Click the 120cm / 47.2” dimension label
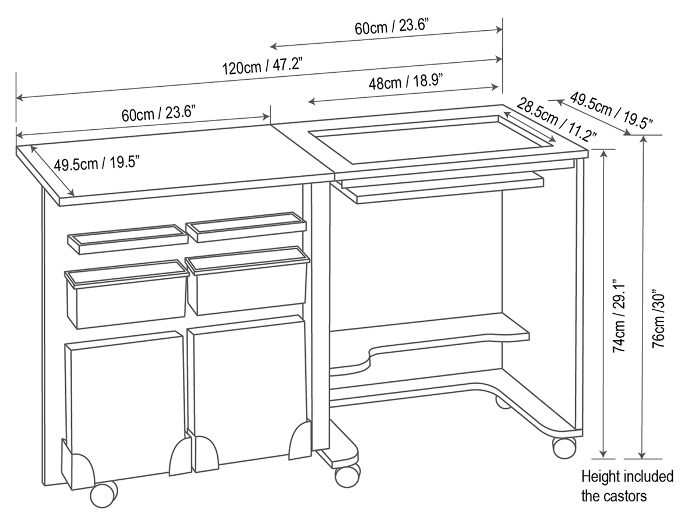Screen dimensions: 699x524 pyautogui.click(x=262, y=66)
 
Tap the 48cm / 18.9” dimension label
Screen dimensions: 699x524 pyautogui.click(x=406, y=81)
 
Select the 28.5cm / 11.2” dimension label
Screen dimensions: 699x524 pyautogui.click(x=556, y=120)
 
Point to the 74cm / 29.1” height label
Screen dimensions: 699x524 pyautogui.click(x=619, y=316)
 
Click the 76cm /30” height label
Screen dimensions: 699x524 pyautogui.click(x=659, y=318)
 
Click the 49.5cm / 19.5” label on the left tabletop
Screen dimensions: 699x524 pyautogui.click(x=97, y=164)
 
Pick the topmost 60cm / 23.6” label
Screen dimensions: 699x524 pyautogui.click(x=391, y=26)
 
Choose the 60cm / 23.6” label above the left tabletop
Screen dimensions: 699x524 pyautogui.click(x=158, y=114)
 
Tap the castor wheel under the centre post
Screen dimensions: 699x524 pyautogui.click(x=347, y=475)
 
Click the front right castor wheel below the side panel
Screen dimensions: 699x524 pyautogui.click(x=564, y=447)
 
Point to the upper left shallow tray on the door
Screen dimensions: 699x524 pyautogui.click(x=128, y=239)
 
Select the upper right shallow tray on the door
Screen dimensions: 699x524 pyautogui.click(x=246, y=227)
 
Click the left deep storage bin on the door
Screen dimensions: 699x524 pyautogui.click(x=126, y=294)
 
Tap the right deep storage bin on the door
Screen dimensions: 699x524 pyautogui.click(x=248, y=280)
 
